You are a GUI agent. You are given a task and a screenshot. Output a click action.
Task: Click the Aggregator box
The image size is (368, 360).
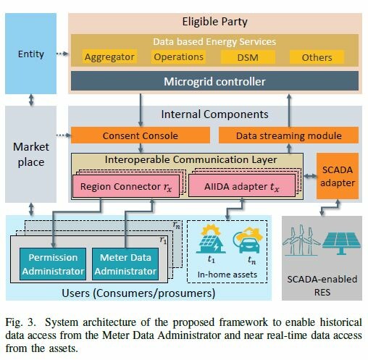click(x=109, y=57)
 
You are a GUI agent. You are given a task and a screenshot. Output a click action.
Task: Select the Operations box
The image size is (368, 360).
click(x=178, y=57)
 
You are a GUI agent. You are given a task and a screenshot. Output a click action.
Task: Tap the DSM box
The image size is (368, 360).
click(x=248, y=57)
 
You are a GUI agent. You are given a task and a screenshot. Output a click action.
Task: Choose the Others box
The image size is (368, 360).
click(x=317, y=57)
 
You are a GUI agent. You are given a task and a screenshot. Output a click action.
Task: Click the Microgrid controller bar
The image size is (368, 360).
click(x=214, y=81)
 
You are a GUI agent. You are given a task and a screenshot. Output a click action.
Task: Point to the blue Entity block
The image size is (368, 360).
click(x=31, y=54)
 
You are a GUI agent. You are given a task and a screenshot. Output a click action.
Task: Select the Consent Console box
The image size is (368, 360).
click(x=141, y=135)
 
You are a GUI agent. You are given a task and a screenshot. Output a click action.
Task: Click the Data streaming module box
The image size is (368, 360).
click(x=288, y=135)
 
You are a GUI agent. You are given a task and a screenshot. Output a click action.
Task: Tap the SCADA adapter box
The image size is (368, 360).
click(x=338, y=176)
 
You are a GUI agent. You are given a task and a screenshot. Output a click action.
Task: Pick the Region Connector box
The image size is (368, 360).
click(x=126, y=186)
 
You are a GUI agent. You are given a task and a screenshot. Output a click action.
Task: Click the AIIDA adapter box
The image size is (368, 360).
click(x=242, y=186)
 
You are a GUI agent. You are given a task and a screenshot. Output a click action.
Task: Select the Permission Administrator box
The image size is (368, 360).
click(x=53, y=264)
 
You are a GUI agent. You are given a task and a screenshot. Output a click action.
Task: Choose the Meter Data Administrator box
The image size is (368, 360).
click(x=125, y=264)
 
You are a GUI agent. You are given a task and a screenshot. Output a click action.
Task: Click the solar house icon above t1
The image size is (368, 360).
click(x=211, y=239)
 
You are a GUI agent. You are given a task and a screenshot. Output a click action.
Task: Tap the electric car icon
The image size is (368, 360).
click(x=248, y=241)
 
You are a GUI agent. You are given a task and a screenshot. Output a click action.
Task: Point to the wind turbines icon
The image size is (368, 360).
click(x=301, y=240)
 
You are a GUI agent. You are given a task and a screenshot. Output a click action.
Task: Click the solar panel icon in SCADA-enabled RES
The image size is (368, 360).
click(x=341, y=243)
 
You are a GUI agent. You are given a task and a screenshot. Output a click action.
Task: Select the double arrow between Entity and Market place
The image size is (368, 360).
click(x=31, y=100)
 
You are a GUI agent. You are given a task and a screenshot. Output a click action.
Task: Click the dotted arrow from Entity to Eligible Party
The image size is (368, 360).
click(x=62, y=54)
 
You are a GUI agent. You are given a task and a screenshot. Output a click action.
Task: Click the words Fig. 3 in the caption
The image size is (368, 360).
click(x=20, y=322)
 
